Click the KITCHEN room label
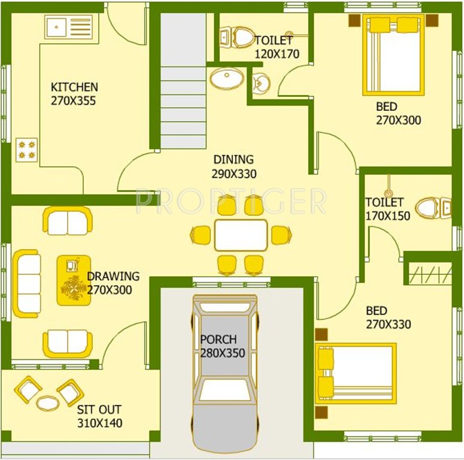pyautogui.click(x=74, y=87)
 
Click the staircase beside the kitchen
pyautogui.click(x=183, y=84)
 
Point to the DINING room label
pyautogui.click(x=233, y=160)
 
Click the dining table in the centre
pyautogui.click(x=241, y=235)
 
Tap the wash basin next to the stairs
pyautogui.click(x=227, y=77)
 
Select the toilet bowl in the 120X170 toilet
pyautogui.click(x=242, y=37)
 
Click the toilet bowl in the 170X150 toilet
pyautogui.click(x=430, y=207)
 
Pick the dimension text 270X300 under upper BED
pyautogui.click(x=398, y=120)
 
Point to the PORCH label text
pyautogui.click(x=219, y=339)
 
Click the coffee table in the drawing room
pyautogui.click(x=74, y=280)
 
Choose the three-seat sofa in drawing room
pyautogui.click(x=27, y=283)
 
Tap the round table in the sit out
pyautogui.click(x=48, y=402)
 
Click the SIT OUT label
pyautogui.click(x=99, y=410)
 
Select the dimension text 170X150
pyautogui.click(x=388, y=216)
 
